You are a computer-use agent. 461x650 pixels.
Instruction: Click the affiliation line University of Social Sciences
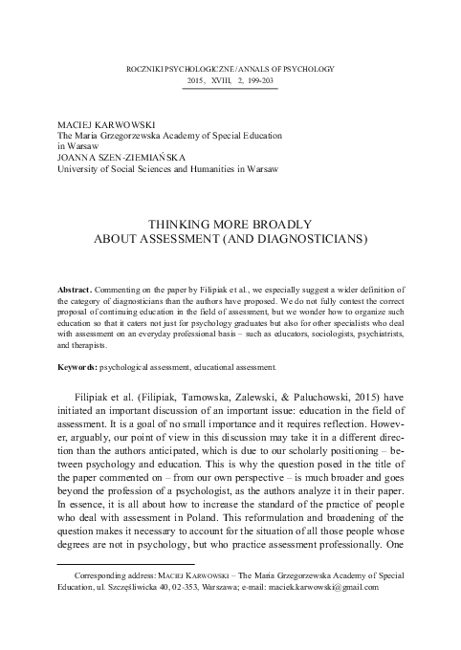click(x=159, y=170)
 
